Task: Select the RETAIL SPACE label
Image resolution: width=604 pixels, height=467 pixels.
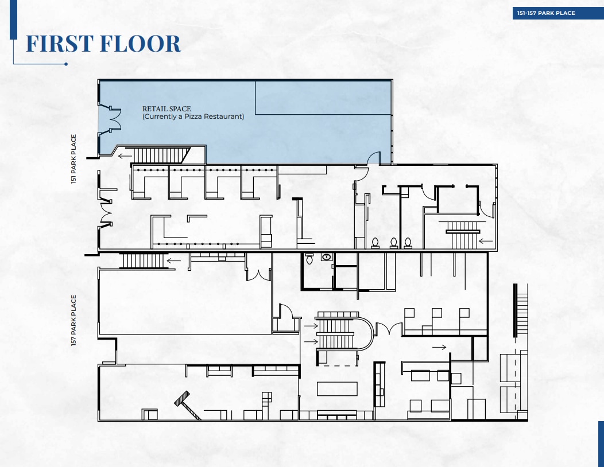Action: [x=167, y=109]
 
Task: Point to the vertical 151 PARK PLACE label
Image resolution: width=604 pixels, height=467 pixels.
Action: [x=73, y=158]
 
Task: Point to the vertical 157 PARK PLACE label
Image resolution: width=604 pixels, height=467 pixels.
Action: [x=73, y=320]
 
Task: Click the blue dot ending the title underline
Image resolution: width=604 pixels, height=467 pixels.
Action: [x=66, y=64]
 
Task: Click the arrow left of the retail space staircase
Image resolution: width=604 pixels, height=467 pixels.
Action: [x=125, y=156]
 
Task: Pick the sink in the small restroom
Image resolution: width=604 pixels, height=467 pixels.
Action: [x=327, y=257]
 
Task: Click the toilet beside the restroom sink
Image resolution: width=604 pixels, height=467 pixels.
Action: [x=309, y=258]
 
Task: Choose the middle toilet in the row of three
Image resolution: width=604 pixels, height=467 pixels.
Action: [x=394, y=243]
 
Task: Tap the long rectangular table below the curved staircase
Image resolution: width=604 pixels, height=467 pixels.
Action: [x=337, y=388]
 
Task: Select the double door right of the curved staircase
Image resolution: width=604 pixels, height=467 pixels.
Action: [x=389, y=328]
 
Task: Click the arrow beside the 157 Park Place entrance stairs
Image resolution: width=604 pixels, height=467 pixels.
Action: [x=173, y=260]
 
